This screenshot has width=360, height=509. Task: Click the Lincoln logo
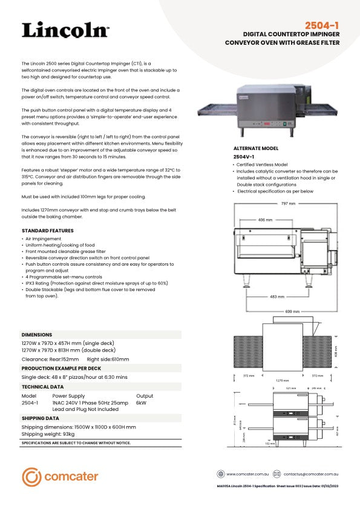[x=65, y=30]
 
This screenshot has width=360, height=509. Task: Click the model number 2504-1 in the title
[x=322, y=25]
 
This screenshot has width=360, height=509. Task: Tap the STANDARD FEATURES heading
[x=47, y=231]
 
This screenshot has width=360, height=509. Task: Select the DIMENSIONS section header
[x=37, y=334]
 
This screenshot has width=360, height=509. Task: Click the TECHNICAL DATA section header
[x=42, y=386]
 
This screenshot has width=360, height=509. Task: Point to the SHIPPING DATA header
[x=40, y=418]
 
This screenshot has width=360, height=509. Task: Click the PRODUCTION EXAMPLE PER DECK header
[x=61, y=368]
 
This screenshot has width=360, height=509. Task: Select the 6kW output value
[x=141, y=402]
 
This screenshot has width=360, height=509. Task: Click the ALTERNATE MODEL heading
[x=256, y=148]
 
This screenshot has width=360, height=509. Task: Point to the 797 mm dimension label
[x=288, y=203]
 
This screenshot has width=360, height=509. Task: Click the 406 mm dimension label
[x=265, y=220]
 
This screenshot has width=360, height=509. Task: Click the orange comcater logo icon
[x=31, y=477]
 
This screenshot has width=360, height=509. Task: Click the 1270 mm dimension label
[x=278, y=381]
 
